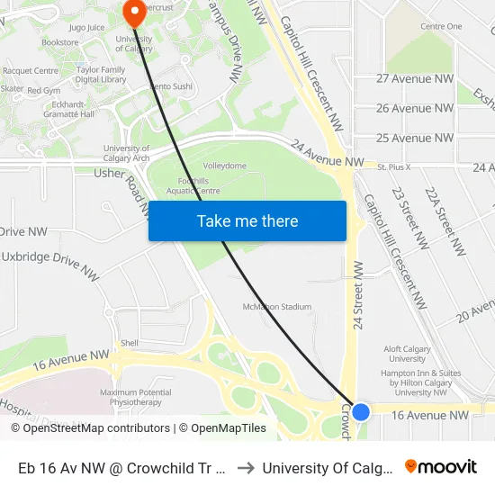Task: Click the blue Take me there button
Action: pos(247,221)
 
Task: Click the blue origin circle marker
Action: pos(361,412)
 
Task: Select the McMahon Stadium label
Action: pos(277,307)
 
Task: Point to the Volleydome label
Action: pos(224,166)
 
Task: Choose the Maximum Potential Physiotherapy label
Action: pos(136,397)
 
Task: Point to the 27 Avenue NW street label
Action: pos(415,78)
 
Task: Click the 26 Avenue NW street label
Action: pos(415,108)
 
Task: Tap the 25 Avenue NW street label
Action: pos(415,138)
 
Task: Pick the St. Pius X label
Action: pos(393,167)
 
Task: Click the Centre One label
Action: pos(441,27)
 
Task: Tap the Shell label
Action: pos(130,343)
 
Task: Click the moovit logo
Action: pos(441,467)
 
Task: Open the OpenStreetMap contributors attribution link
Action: pos(96,428)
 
